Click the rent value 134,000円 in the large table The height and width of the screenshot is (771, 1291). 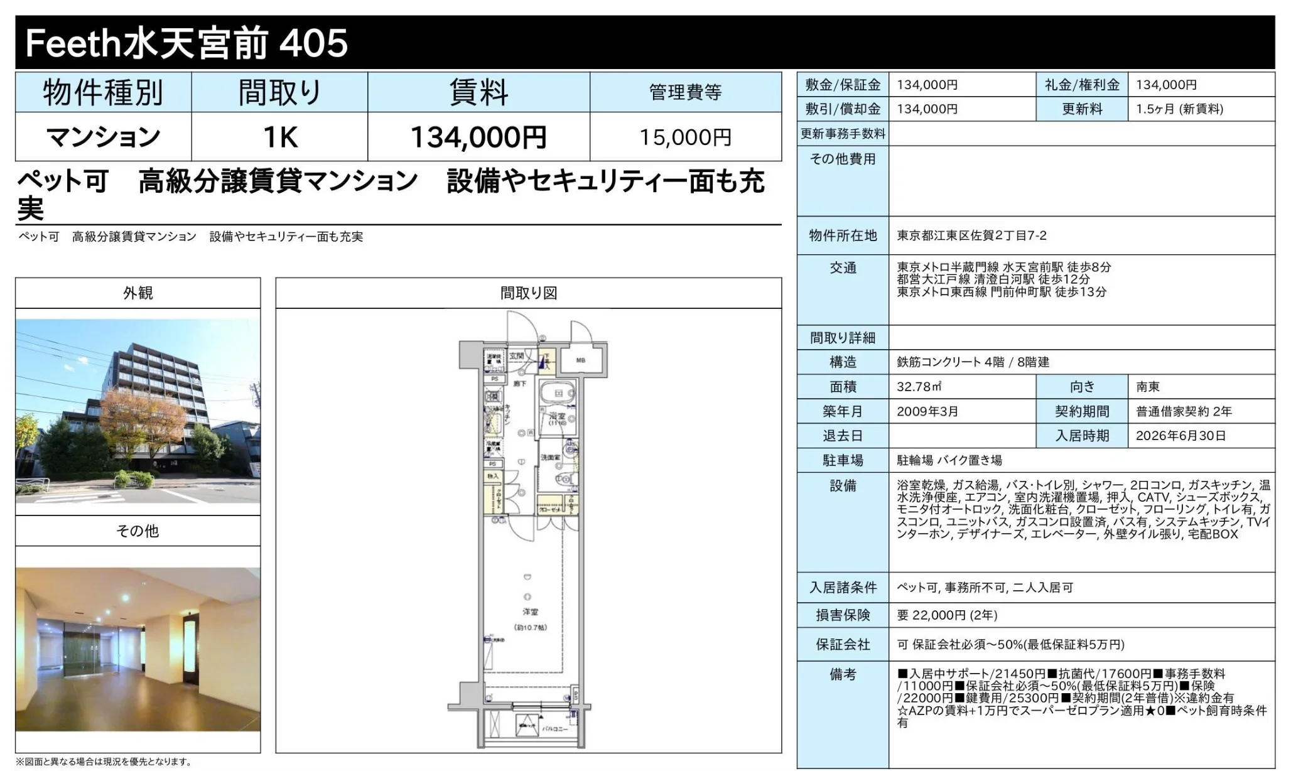478,137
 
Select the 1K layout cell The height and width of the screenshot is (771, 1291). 279,137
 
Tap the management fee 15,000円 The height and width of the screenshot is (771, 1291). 685,137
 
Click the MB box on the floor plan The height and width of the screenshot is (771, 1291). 581,360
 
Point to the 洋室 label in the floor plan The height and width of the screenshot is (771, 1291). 530,612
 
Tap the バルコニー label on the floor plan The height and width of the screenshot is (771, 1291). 554,729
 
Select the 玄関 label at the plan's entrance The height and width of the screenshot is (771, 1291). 516,356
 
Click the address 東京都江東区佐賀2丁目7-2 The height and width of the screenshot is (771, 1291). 971,235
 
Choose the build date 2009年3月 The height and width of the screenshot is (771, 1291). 927,411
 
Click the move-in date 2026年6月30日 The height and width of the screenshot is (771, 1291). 1180,436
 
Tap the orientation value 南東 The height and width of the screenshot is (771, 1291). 1147,387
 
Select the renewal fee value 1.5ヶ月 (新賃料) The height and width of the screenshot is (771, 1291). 1179,109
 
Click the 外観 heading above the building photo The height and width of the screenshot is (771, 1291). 138,293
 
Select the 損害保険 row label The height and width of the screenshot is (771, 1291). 842,615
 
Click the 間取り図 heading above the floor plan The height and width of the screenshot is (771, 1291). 528,293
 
